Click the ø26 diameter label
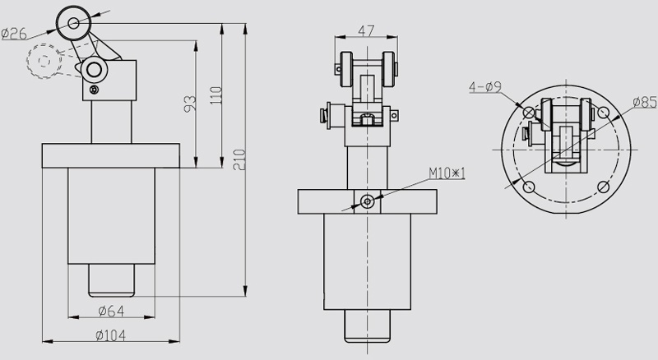coord(16,33)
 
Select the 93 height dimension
coord(188,104)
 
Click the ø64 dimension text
coord(110,311)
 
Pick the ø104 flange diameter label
coord(110,335)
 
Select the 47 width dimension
coord(368,30)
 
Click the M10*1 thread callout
coord(447,173)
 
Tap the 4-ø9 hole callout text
coord(485,85)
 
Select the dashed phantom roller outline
coord(44,60)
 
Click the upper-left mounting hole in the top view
coord(527,110)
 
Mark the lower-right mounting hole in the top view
coord(605,187)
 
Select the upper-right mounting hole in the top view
coord(605,110)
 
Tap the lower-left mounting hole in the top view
coord(527,187)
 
